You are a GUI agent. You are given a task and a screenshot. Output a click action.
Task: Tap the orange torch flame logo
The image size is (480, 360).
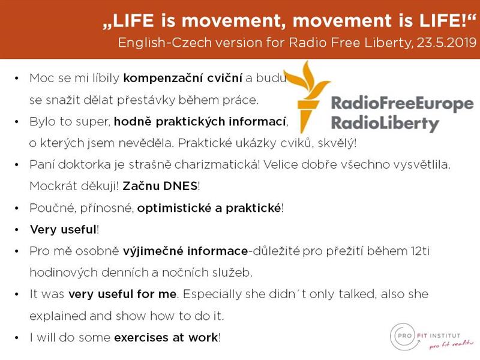point(307,97)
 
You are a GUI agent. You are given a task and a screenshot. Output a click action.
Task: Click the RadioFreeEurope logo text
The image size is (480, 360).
point(403,103)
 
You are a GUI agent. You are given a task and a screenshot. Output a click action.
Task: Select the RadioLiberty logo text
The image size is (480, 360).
point(385,124)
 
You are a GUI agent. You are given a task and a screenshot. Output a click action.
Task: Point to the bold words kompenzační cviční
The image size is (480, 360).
point(183,78)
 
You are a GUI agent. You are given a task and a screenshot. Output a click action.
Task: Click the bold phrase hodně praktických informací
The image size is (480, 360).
point(200,122)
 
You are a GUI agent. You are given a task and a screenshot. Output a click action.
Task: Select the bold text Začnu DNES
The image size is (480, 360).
point(160,186)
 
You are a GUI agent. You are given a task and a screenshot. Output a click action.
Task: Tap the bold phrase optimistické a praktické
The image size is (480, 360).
point(209,208)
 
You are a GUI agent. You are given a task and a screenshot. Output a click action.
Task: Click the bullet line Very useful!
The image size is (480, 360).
point(64,230)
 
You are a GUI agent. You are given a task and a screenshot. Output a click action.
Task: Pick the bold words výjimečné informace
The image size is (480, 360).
point(185,251)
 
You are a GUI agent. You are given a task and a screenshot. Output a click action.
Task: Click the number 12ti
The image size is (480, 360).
point(421,251)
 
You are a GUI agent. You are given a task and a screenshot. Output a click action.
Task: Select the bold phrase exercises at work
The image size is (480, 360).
point(166,338)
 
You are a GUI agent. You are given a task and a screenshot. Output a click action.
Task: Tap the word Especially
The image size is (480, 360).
point(212,294)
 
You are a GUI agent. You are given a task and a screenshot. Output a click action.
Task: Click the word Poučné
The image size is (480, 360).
point(52,208)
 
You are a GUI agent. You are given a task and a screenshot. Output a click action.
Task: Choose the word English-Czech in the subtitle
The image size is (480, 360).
point(165,43)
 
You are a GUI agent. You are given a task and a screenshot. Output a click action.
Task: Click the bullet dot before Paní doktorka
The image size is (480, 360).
point(17,165)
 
